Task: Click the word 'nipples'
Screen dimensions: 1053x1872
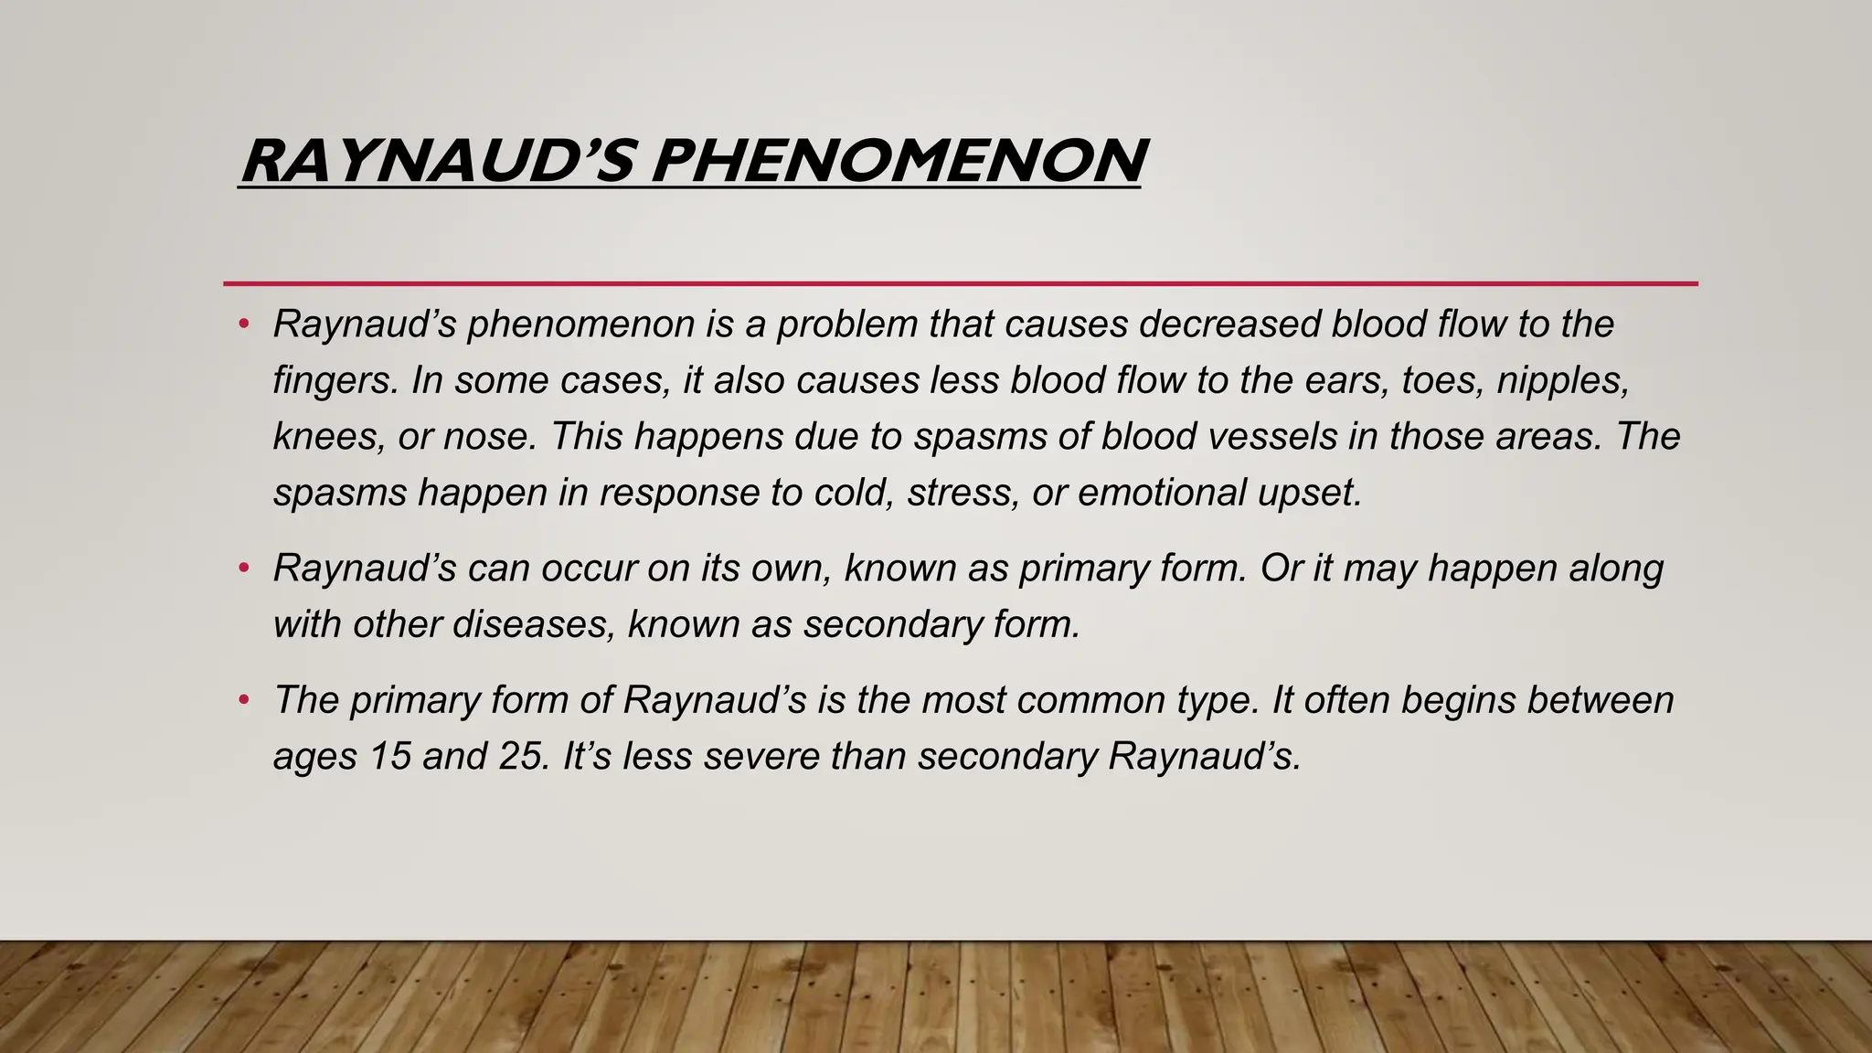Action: click(x=1562, y=381)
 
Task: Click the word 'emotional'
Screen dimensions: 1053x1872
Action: click(x=1162, y=494)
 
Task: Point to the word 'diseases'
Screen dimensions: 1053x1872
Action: click(x=533, y=625)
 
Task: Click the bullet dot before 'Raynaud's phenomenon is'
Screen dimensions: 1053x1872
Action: click(x=243, y=324)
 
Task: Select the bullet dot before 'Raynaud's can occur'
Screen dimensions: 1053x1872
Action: click(x=243, y=569)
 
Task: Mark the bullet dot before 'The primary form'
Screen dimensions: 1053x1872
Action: click(x=243, y=701)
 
